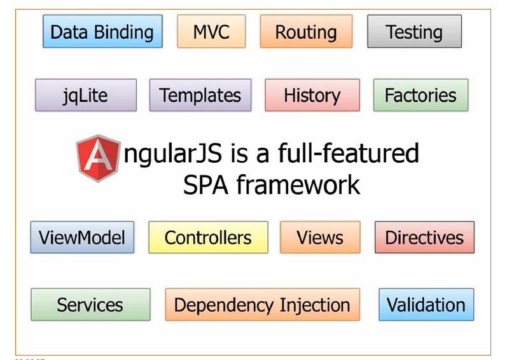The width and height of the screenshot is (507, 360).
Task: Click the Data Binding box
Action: click(x=102, y=32)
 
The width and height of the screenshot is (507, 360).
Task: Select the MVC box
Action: click(x=211, y=32)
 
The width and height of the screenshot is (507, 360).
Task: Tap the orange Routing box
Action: click(x=306, y=32)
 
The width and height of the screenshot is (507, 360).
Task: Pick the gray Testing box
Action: click(x=414, y=32)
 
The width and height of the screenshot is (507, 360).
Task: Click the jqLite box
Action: click(x=86, y=95)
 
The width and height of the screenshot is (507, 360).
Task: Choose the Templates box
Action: click(x=200, y=95)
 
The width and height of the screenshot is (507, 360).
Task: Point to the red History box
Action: click(x=312, y=95)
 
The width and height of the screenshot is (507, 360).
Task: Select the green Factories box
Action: click(x=420, y=95)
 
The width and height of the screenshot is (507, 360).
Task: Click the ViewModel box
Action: click(x=82, y=237)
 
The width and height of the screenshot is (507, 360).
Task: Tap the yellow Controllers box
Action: click(x=208, y=237)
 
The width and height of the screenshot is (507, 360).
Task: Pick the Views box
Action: click(x=320, y=237)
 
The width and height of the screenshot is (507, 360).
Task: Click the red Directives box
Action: click(x=424, y=237)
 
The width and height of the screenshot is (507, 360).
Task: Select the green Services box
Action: click(x=90, y=305)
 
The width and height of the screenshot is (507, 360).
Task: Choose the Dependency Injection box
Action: click(x=262, y=305)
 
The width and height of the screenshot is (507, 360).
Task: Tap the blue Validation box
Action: click(x=426, y=304)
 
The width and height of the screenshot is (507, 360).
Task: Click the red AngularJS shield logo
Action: click(x=99, y=158)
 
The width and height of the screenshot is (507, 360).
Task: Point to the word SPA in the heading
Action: click(x=205, y=184)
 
